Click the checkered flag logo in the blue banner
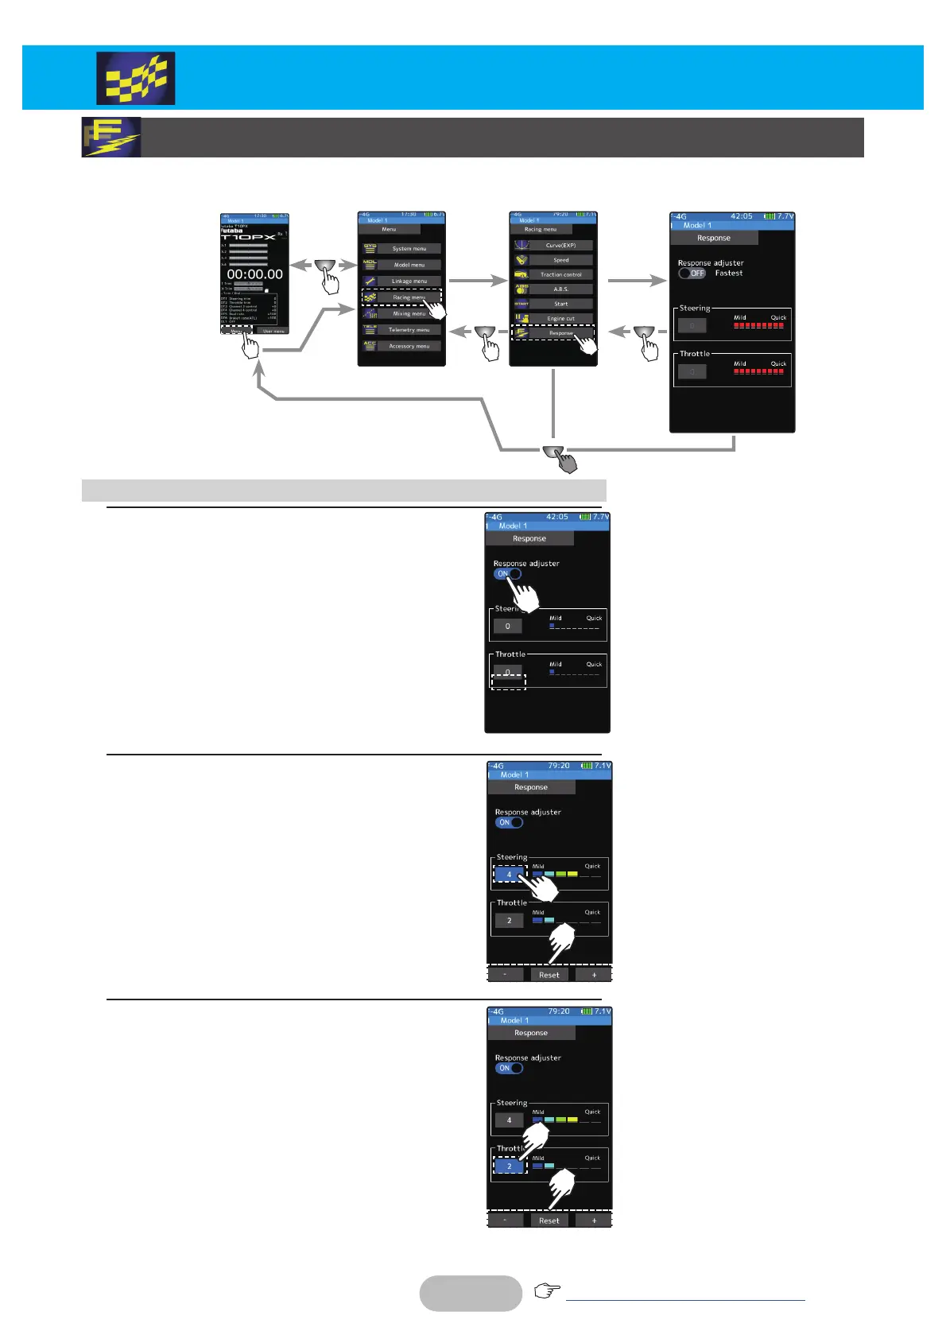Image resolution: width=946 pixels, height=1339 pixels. [x=135, y=79]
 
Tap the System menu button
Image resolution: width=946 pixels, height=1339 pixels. [x=409, y=249]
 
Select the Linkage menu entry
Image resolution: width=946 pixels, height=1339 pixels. [x=409, y=281]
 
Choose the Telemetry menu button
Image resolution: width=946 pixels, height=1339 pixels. [x=409, y=330]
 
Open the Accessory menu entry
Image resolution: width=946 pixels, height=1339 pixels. [x=409, y=346]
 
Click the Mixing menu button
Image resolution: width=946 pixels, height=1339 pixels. [x=409, y=314]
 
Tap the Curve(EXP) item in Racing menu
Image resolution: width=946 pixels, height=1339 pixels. [x=560, y=246]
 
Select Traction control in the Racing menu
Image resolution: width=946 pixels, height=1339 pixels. [x=560, y=275]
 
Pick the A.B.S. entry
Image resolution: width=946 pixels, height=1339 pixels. [x=560, y=289]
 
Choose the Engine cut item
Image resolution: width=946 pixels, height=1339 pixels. [x=560, y=319]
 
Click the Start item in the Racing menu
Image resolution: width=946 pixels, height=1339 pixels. [x=560, y=304]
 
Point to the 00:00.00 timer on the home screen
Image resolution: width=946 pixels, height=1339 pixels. [x=254, y=274]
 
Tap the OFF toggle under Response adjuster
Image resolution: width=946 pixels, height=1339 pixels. [x=692, y=273]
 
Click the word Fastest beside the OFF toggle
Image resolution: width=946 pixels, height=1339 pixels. [x=728, y=273]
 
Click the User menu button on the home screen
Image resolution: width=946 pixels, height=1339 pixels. [x=273, y=331]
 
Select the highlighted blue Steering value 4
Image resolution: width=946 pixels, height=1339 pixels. [x=509, y=875]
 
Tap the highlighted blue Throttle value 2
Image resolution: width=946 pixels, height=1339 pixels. [x=509, y=1166]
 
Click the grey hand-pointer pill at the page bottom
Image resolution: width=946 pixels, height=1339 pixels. [x=471, y=1293]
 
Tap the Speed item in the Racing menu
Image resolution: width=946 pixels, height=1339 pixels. [x=560, y=260]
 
